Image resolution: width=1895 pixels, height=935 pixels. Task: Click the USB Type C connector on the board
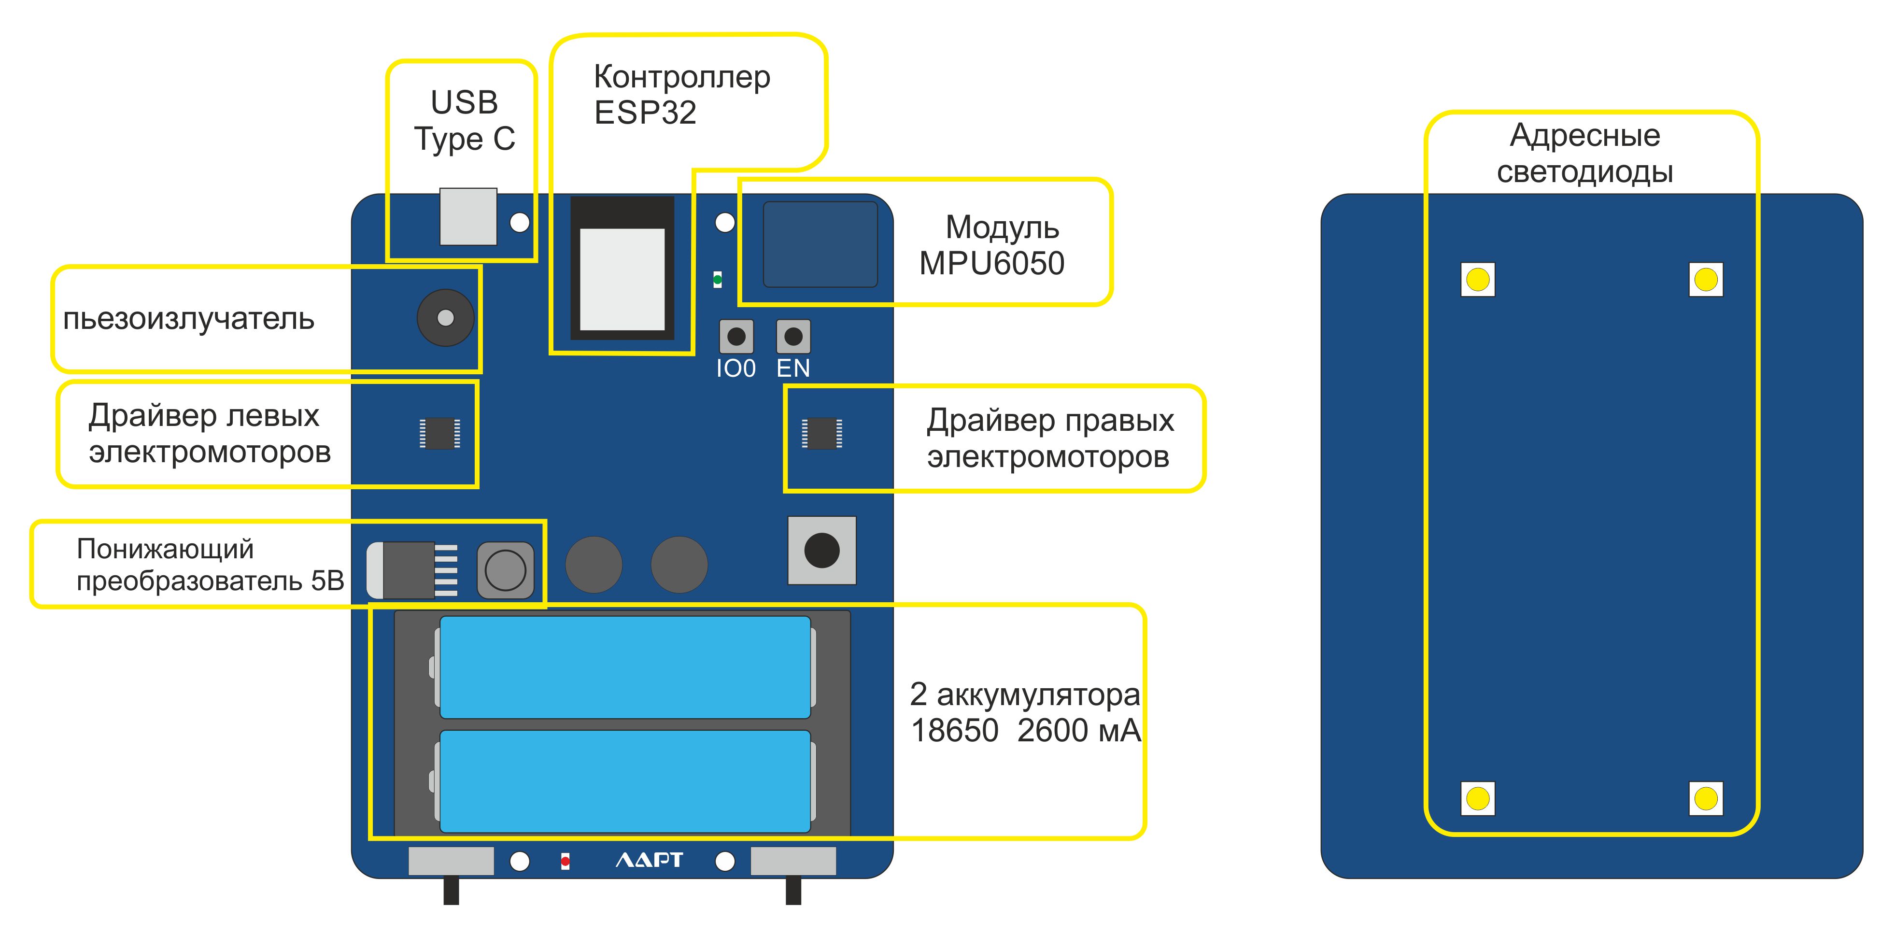tap(468, 216)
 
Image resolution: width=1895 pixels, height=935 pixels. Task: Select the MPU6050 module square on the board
tap(820, 244)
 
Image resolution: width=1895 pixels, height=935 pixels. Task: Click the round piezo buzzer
tap(446, 318)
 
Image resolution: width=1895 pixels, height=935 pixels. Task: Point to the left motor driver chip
tap(440, 433)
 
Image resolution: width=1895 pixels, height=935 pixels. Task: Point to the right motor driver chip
tap(822, 433)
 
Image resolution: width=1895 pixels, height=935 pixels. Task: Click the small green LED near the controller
tap(717, 280)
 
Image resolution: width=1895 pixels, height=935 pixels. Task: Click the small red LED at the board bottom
tap(565, 861)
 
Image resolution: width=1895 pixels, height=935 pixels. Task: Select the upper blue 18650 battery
tap(624, 667)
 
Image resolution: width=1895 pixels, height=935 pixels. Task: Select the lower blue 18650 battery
tap(624, 781)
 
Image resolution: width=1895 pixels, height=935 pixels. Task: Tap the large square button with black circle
tap(822, 550)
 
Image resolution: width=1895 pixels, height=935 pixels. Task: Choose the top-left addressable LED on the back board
tap(1478, 280)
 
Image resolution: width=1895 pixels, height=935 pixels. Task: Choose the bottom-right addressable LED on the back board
tap(1706, 798)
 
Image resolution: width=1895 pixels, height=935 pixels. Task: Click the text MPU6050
tap(991, 263)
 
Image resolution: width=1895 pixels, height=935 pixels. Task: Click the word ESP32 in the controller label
tap(645, 113)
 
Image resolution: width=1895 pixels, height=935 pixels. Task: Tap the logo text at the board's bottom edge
tap(649, 860)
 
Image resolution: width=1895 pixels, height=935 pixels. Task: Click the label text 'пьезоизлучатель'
tap(188, 319)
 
